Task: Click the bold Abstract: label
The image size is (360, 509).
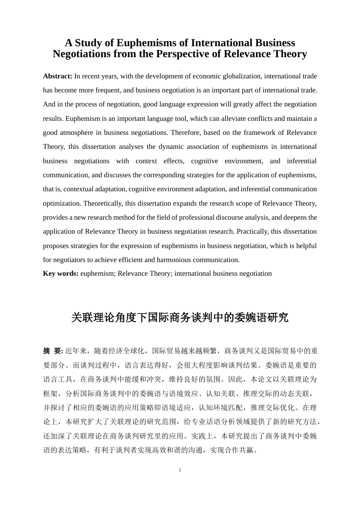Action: [58, 76]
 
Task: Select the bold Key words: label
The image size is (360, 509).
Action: [61, 273]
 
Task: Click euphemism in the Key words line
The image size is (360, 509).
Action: [97, 273]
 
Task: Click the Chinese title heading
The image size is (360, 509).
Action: [180, 317]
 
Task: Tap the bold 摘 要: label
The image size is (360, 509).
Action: [53, 351]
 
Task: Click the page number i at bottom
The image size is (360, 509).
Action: [180, 470]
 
